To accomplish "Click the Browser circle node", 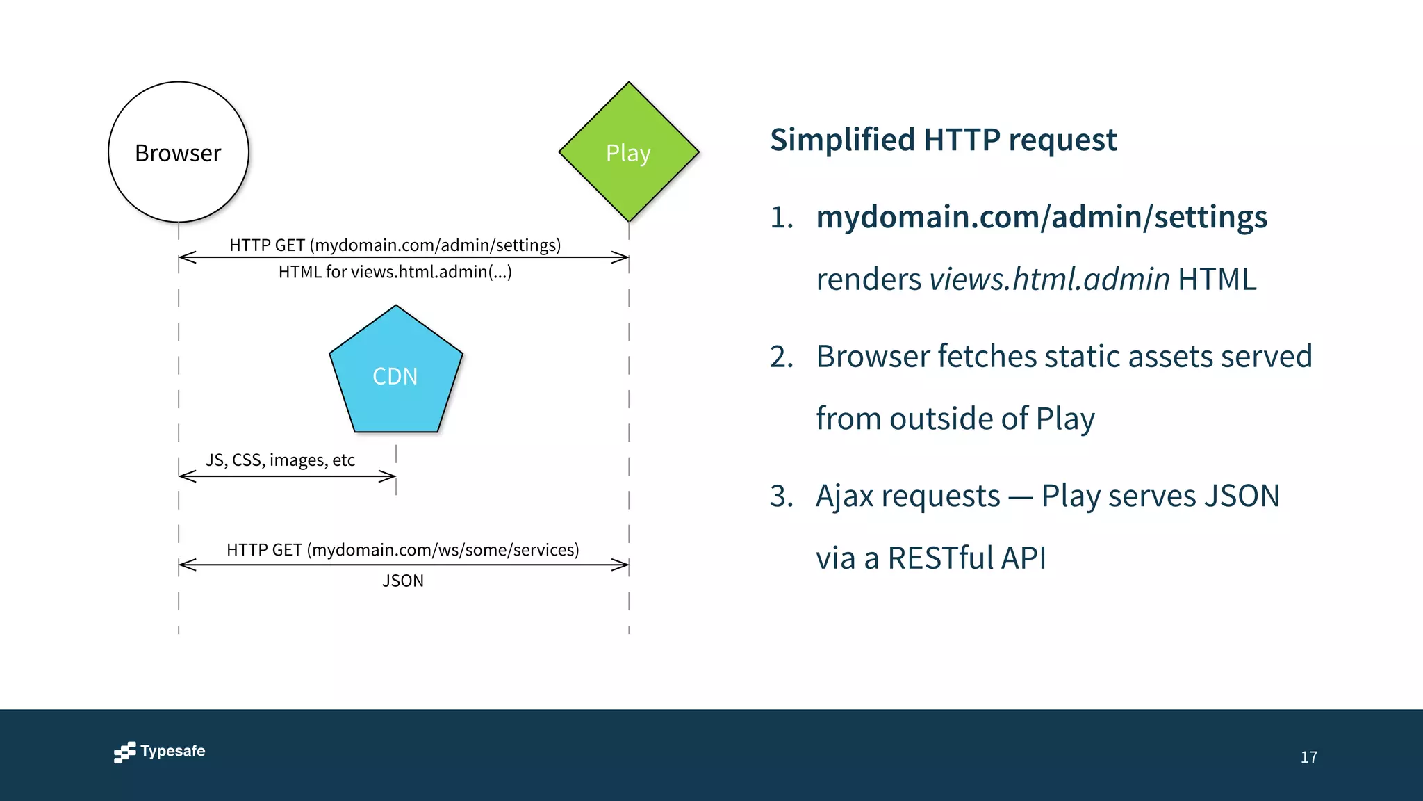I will pyautogui.click(x=179, y=152).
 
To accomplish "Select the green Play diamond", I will pyautogui.click(x=629, y=152).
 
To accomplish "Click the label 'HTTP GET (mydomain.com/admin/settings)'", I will pyautogui.click(x=395, y=245).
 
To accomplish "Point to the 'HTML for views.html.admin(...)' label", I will pyautogui.click(x=395, y=272).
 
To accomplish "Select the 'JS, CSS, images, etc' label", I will pyautogui.click(x=280, y=460).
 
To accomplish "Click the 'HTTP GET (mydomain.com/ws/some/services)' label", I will pyautogui.click(x=402, y=550).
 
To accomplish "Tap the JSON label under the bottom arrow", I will pyautogui.click(x=402, y=581).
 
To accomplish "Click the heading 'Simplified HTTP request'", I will pyautogui.click(x=943, y=140).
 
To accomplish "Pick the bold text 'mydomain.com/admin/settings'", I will pyautogui.click(x=1041, y=217).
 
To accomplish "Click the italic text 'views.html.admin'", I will pyautogui.click(x=1049, y=280).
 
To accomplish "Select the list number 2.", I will pyautogui.click(x=781, y=357).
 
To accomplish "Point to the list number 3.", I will pyautogui.click(x=781, y=496).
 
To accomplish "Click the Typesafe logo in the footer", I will pyautogui.click(x=160, y=752).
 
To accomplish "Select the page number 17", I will pyautogui.click(x=1308, y=757).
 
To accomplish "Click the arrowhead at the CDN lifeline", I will pyautogui.click(x=389, y=476).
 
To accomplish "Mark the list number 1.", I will pyautogui.click(x=781, y=218).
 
